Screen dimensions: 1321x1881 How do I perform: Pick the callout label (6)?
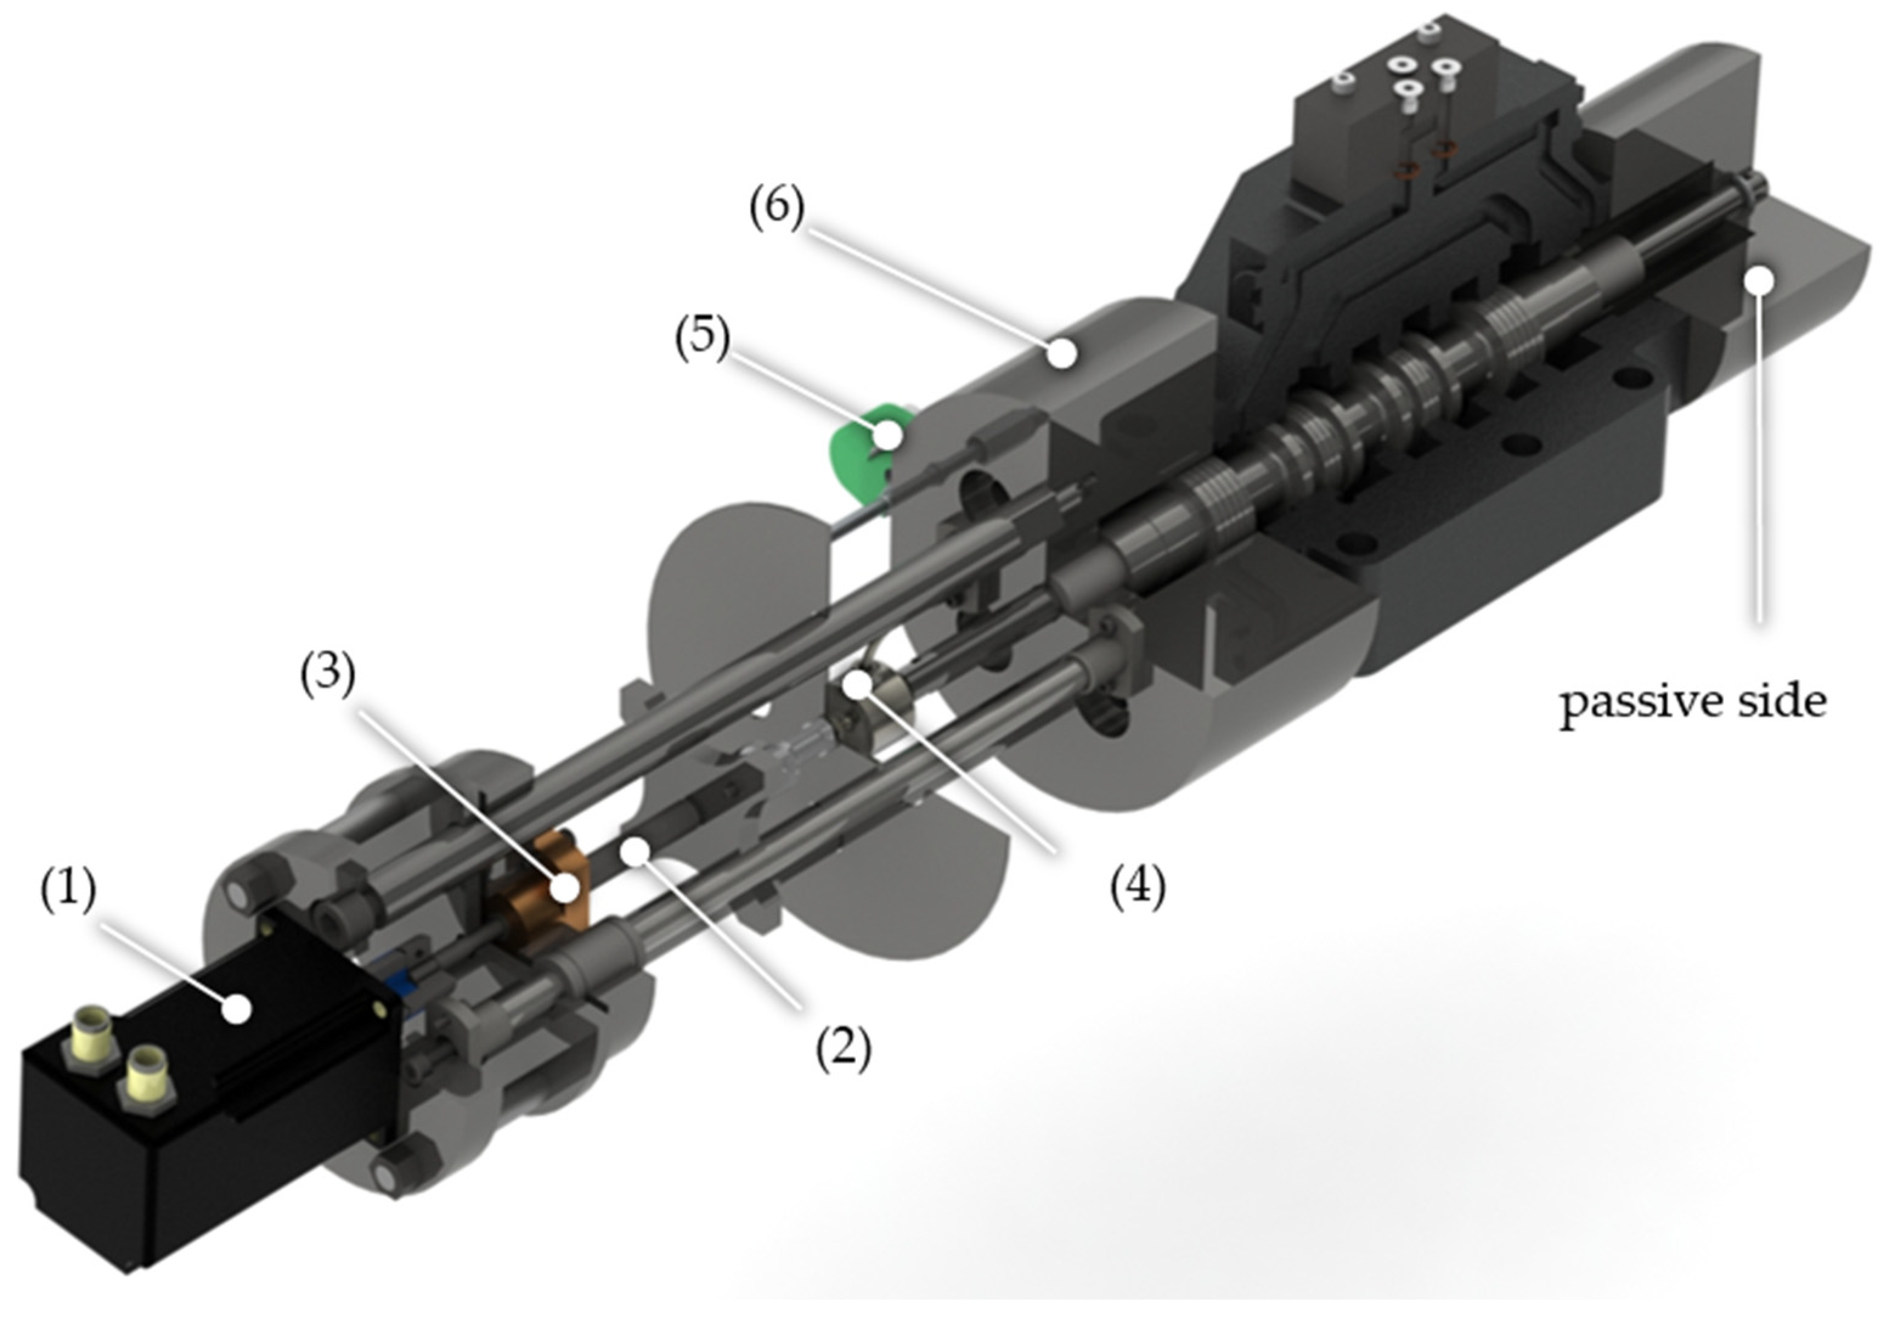[x=777, y=207]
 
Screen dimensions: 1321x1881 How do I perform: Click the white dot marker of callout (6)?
[x=1062, y=353]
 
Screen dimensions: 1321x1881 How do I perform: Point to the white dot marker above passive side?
[x=1759, y=281]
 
